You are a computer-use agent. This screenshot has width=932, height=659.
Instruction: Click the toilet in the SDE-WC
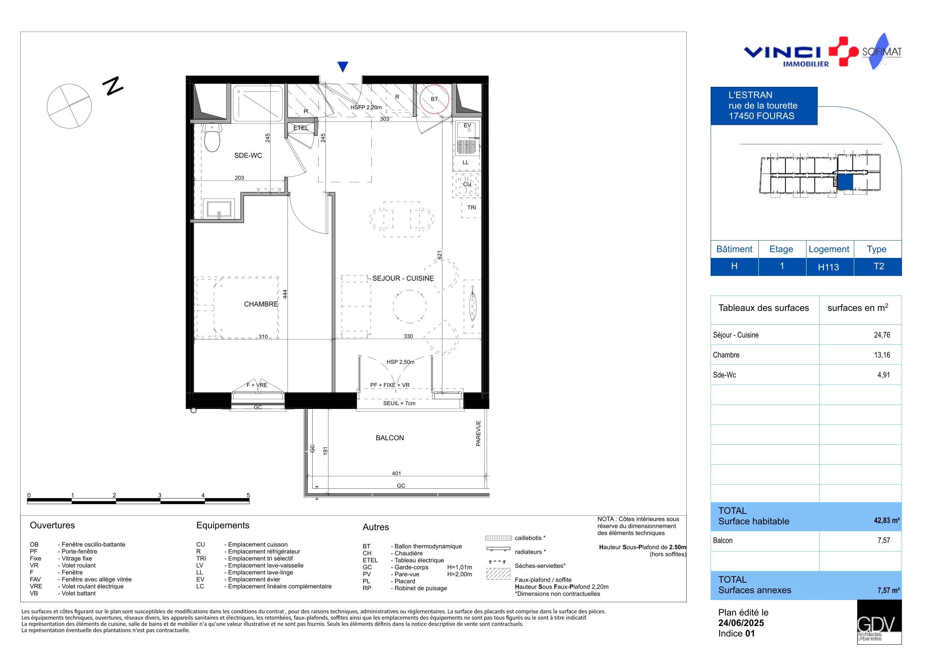(212, 137)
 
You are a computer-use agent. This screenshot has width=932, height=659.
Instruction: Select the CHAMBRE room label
(261, 304)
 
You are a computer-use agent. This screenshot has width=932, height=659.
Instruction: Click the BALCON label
(390, 438)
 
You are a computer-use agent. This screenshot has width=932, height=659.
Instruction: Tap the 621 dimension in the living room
(439, 255)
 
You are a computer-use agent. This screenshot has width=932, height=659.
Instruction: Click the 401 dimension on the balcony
(396, 473)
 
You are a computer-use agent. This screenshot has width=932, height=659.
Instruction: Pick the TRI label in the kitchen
(471, 208)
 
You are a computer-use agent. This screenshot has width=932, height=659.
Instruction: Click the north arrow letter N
(113, 86)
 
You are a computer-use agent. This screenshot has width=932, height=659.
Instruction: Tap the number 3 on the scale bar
(159, 495)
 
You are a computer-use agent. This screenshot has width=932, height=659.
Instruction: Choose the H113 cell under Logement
(828, 267)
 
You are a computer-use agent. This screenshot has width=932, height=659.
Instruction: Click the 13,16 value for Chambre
(882, 355)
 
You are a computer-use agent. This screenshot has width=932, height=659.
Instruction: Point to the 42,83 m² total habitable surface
(887, 520)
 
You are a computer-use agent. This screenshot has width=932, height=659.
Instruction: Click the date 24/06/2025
(741, 623)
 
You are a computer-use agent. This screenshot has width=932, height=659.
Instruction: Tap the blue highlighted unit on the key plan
(845, 182)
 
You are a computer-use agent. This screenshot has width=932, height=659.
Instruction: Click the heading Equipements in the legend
(223, 526)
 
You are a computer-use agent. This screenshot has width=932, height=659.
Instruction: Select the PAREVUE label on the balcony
(478, 433)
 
